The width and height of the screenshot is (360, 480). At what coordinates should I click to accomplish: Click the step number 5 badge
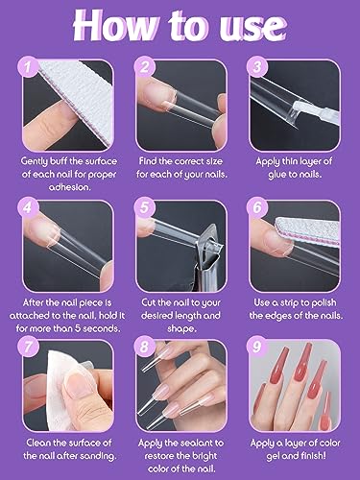(x=146, y=204)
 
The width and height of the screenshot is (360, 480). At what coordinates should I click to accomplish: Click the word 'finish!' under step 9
(x=311, y=451)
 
